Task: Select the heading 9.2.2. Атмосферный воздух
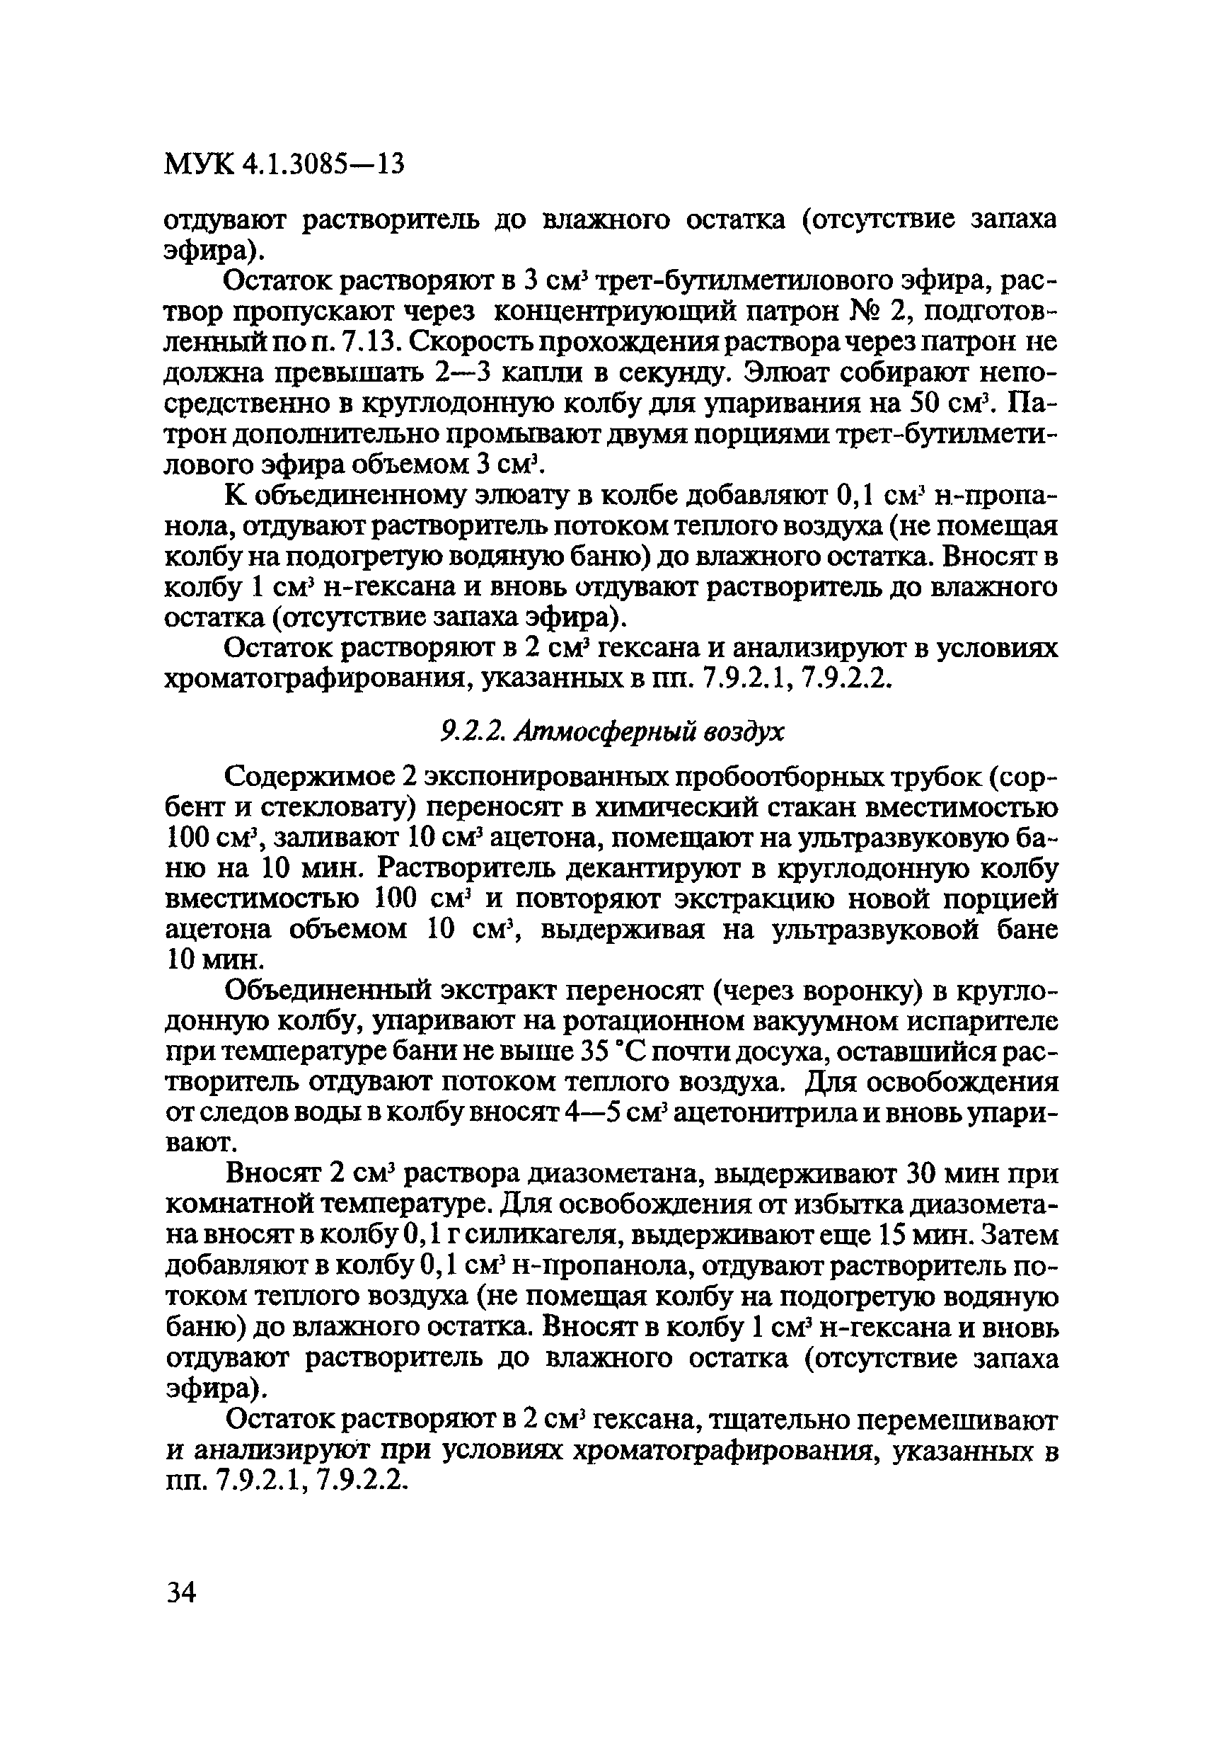click(612, 731)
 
